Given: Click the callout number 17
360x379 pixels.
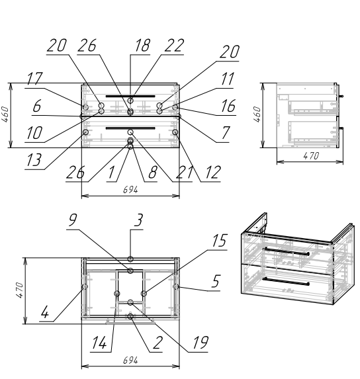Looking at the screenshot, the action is (x=34, y=79).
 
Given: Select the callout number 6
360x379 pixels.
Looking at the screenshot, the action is (x=37, y=106).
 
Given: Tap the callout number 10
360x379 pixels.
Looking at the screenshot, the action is (x=34, y=133).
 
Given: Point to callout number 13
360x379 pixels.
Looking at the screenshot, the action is (x=34, y=160).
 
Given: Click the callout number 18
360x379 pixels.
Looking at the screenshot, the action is (x=143, y=45).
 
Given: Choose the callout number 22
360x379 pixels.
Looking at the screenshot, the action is (x=174, y=45).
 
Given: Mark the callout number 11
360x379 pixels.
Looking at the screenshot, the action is (x=228, y=79).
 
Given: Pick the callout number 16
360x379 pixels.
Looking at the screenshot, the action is (x=228, y=106).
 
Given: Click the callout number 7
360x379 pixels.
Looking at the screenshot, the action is (x=226, y=133).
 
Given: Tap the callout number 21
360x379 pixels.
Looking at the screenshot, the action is (x=185, y=173).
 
